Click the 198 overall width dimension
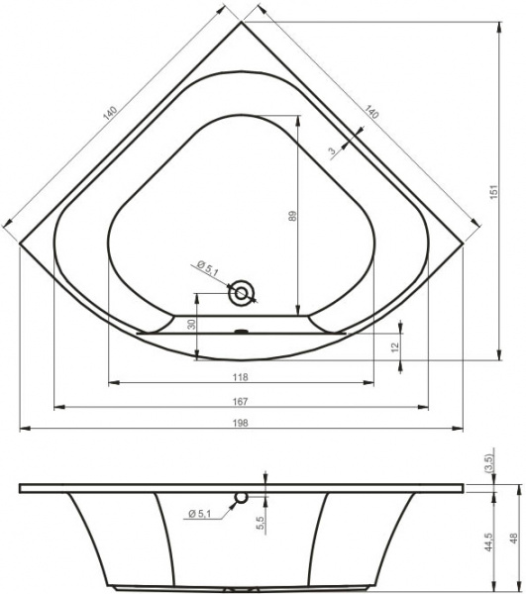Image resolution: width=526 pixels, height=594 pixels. [x=241, y=423]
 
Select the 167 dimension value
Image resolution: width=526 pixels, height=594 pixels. [x=241, y=400]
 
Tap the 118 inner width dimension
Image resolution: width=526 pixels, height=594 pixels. [x=241, y=376]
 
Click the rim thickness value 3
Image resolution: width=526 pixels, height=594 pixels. [x=330, y=151]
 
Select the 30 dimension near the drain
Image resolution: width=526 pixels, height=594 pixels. [x=192, y=324]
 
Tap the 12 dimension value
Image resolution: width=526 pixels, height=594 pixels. [x=395, y=346]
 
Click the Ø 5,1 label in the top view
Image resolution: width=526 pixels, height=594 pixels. [x=208, y=265]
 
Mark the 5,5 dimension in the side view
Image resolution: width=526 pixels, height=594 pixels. [x=259, y=521]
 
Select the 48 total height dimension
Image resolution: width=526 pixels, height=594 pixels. [x=513, y=541]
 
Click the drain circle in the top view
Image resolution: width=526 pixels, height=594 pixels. [x=242, y=293]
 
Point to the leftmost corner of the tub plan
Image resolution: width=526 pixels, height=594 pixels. [x=21, y=243]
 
